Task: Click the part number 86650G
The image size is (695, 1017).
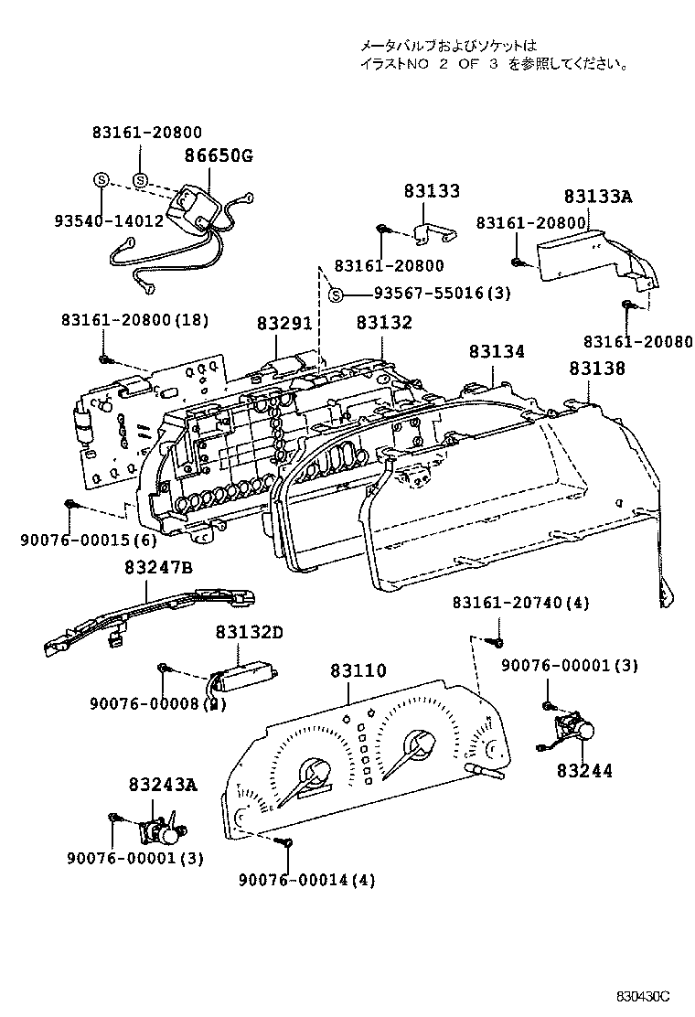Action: pyautogui.click(x=219, y=155)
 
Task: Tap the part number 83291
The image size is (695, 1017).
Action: pyautogui.click(x=284, y=324)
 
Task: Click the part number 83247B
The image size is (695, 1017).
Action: pyautogui.click(x=159, y=568)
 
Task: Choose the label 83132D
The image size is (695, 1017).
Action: pyautogui.click(x=250, y=632)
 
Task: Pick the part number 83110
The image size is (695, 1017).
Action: pyautogui.click(x=358, y=670)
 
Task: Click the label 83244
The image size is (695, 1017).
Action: pyautogui.click(x=585, y=770)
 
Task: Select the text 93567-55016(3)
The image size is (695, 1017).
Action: pyautogui.click(x=442, y=294)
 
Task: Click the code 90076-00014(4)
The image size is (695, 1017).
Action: pyautogui.click(x=306, y=880)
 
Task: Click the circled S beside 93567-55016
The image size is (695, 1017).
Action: pyautogui.click(x=336, y=294)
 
